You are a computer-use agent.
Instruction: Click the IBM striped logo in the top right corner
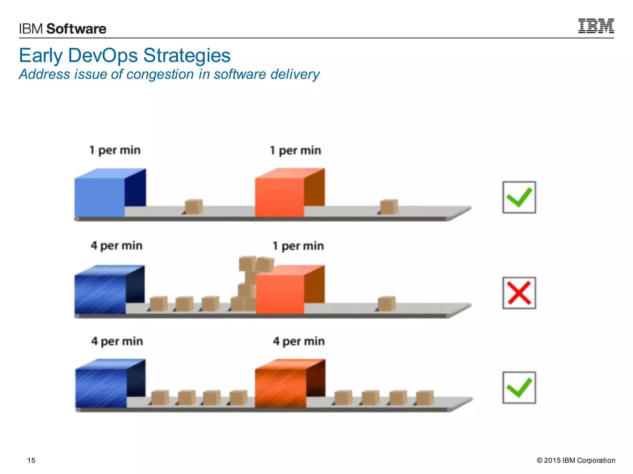(596, 26)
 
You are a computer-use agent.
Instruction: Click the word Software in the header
(76, 29)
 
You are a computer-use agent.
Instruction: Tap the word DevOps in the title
(103, 56)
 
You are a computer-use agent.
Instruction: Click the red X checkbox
(519, 293)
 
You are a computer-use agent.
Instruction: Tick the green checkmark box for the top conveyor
(519, 197)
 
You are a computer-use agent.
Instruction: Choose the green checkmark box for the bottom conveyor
(519, 388)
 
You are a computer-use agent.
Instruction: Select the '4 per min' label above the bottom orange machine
(299, 341)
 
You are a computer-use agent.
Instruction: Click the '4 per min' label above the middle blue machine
(117, 246)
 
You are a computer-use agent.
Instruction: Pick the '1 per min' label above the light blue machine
(115, 150)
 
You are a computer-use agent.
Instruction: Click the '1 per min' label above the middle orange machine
(298, 246)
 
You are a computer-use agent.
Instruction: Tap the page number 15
(31, 460)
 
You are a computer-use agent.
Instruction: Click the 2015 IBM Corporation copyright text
(576, 460)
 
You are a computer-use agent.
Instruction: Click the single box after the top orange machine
(389, 207)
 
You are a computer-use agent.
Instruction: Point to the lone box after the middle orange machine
(387, 304)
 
